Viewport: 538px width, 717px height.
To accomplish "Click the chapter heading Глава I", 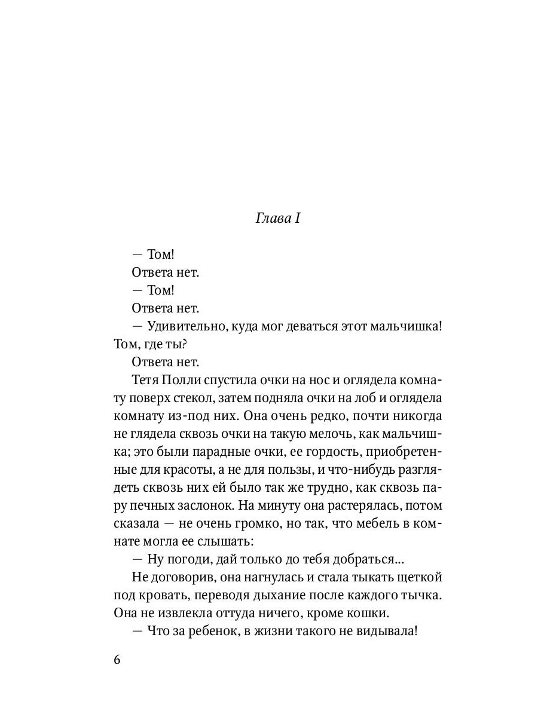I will (x=277, y=219).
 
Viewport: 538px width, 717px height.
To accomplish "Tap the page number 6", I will (x=117, y=660).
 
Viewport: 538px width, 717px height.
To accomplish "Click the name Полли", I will (x=185, y=380).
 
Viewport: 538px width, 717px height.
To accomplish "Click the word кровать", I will (x=162, y=595).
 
